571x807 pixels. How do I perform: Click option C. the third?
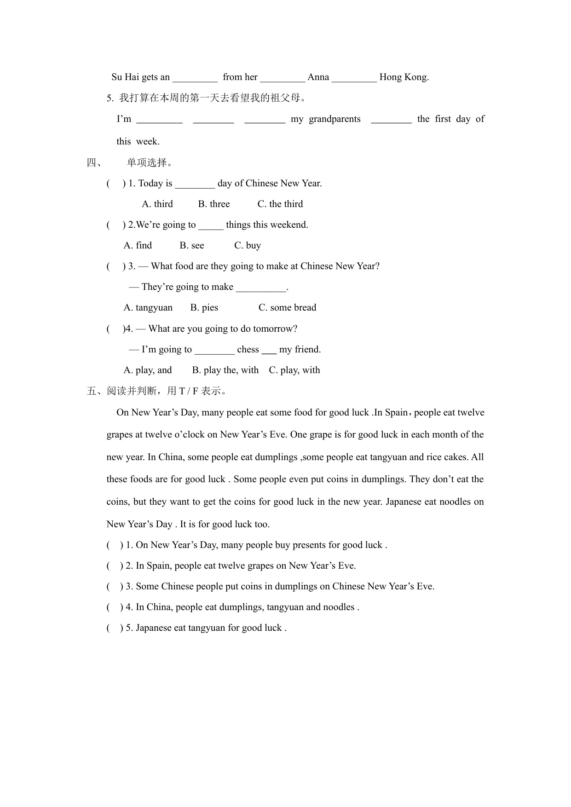[280, 204]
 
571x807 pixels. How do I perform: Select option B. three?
[214, 204]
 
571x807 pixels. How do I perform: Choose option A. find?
[138, 245]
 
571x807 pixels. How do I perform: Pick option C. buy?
[248, 245]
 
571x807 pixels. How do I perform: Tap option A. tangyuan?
[148, 307]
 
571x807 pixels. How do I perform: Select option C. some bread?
[287, 307]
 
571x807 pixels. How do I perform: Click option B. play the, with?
[225, 370]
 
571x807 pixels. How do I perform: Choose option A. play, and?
[148, 370]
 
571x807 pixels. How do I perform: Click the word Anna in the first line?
[318, 77]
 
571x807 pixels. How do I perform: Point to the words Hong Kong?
[404, 77]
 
